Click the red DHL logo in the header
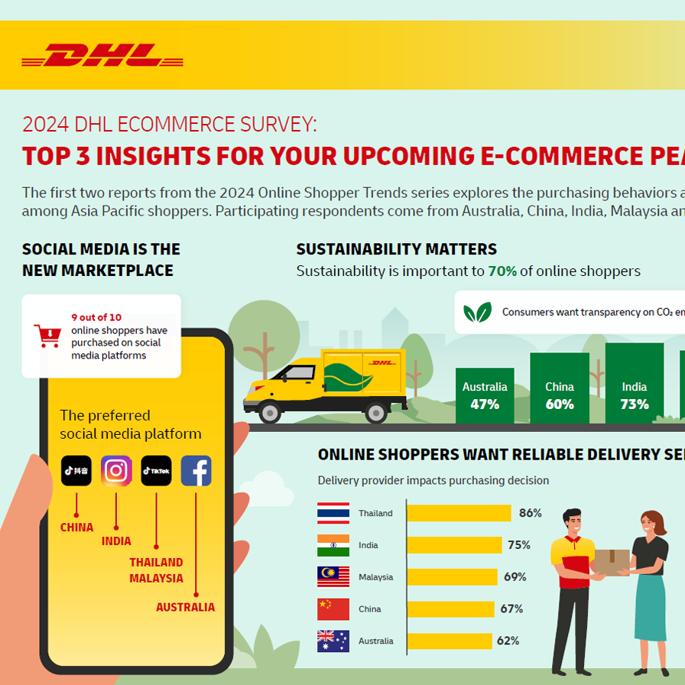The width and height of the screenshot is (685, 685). coord(102,56)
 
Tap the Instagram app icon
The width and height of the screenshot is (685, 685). coord(116,471)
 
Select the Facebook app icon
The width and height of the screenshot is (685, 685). coord(196,471)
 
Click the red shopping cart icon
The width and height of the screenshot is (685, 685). coord(47,336)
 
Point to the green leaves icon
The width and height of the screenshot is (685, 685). coord(478,312)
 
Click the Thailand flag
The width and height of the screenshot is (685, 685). coord(333,513)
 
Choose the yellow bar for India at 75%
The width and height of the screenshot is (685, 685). coord(454,545)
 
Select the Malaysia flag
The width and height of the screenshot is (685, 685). coord(333,577)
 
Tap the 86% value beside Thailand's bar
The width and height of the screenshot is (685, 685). coord(530,513)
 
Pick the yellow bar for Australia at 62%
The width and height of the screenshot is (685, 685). coord(449,641)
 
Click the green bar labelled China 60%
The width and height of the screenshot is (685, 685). coord(560,388)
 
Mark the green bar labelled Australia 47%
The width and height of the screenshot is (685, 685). coord(485,396)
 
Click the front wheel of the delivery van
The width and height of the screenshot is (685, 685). coord(270,413)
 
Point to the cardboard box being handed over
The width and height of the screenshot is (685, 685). coord(611,562)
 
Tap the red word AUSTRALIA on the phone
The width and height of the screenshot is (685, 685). coord(185,607)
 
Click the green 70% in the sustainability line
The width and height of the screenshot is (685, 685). coord(502,271)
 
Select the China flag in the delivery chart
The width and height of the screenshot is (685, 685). coord(333,609)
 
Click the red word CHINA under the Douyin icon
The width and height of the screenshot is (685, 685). coord(76,528)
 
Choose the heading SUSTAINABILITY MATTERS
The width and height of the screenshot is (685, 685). coord(396,249)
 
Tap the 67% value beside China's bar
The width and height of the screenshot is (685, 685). coord(511,609)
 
